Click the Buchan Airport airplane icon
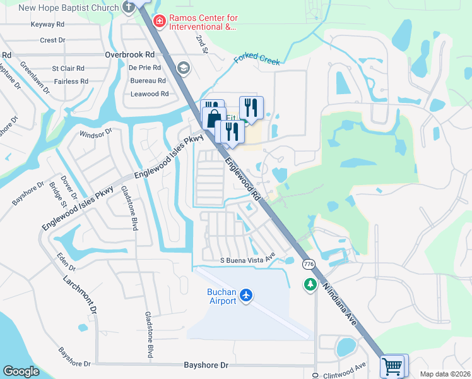246,294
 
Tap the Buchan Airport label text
222,296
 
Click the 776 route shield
308,263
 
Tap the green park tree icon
310,286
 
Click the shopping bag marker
215,117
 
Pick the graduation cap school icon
184,68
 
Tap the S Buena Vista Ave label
248,260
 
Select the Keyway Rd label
48,25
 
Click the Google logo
21,371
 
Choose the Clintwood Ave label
345,370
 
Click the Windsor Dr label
95,133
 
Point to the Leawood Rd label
149,93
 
